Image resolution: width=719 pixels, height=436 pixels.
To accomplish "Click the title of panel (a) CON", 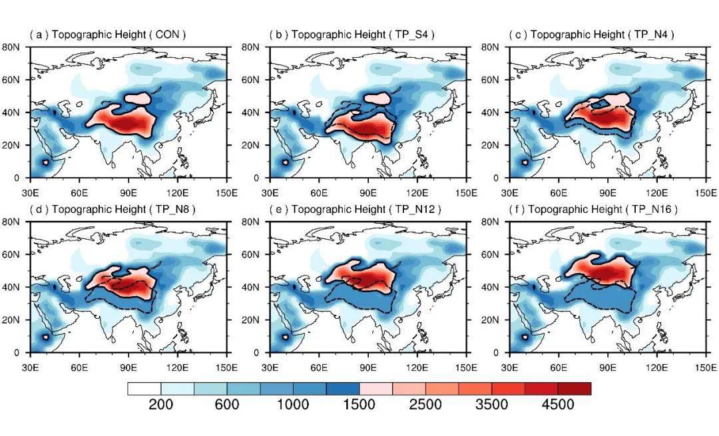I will click(107, 34).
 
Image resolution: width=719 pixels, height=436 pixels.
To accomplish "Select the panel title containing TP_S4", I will click(352, 34).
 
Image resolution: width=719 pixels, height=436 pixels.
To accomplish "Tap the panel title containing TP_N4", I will click(591, 34).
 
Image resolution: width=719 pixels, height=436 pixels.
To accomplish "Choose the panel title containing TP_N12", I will click(355, 209).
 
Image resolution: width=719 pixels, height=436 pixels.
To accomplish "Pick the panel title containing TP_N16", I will click(595, 209).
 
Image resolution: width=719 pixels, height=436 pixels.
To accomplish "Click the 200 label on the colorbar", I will click(160, 405).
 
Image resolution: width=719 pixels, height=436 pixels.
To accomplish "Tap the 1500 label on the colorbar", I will click(359, 405).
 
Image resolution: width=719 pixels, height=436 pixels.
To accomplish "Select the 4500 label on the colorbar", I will click(558, 405).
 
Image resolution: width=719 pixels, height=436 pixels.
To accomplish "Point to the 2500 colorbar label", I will click(425, 405).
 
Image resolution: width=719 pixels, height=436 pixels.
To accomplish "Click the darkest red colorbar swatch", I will click(574, 388).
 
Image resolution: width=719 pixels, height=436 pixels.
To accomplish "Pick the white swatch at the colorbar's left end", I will click(144, 388).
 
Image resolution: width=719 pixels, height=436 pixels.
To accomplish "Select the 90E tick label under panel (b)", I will click(368, 192).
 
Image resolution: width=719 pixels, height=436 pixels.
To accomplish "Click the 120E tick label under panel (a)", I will click(178, 192).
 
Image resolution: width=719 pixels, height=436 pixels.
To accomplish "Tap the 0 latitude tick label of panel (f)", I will click(503, 353).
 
